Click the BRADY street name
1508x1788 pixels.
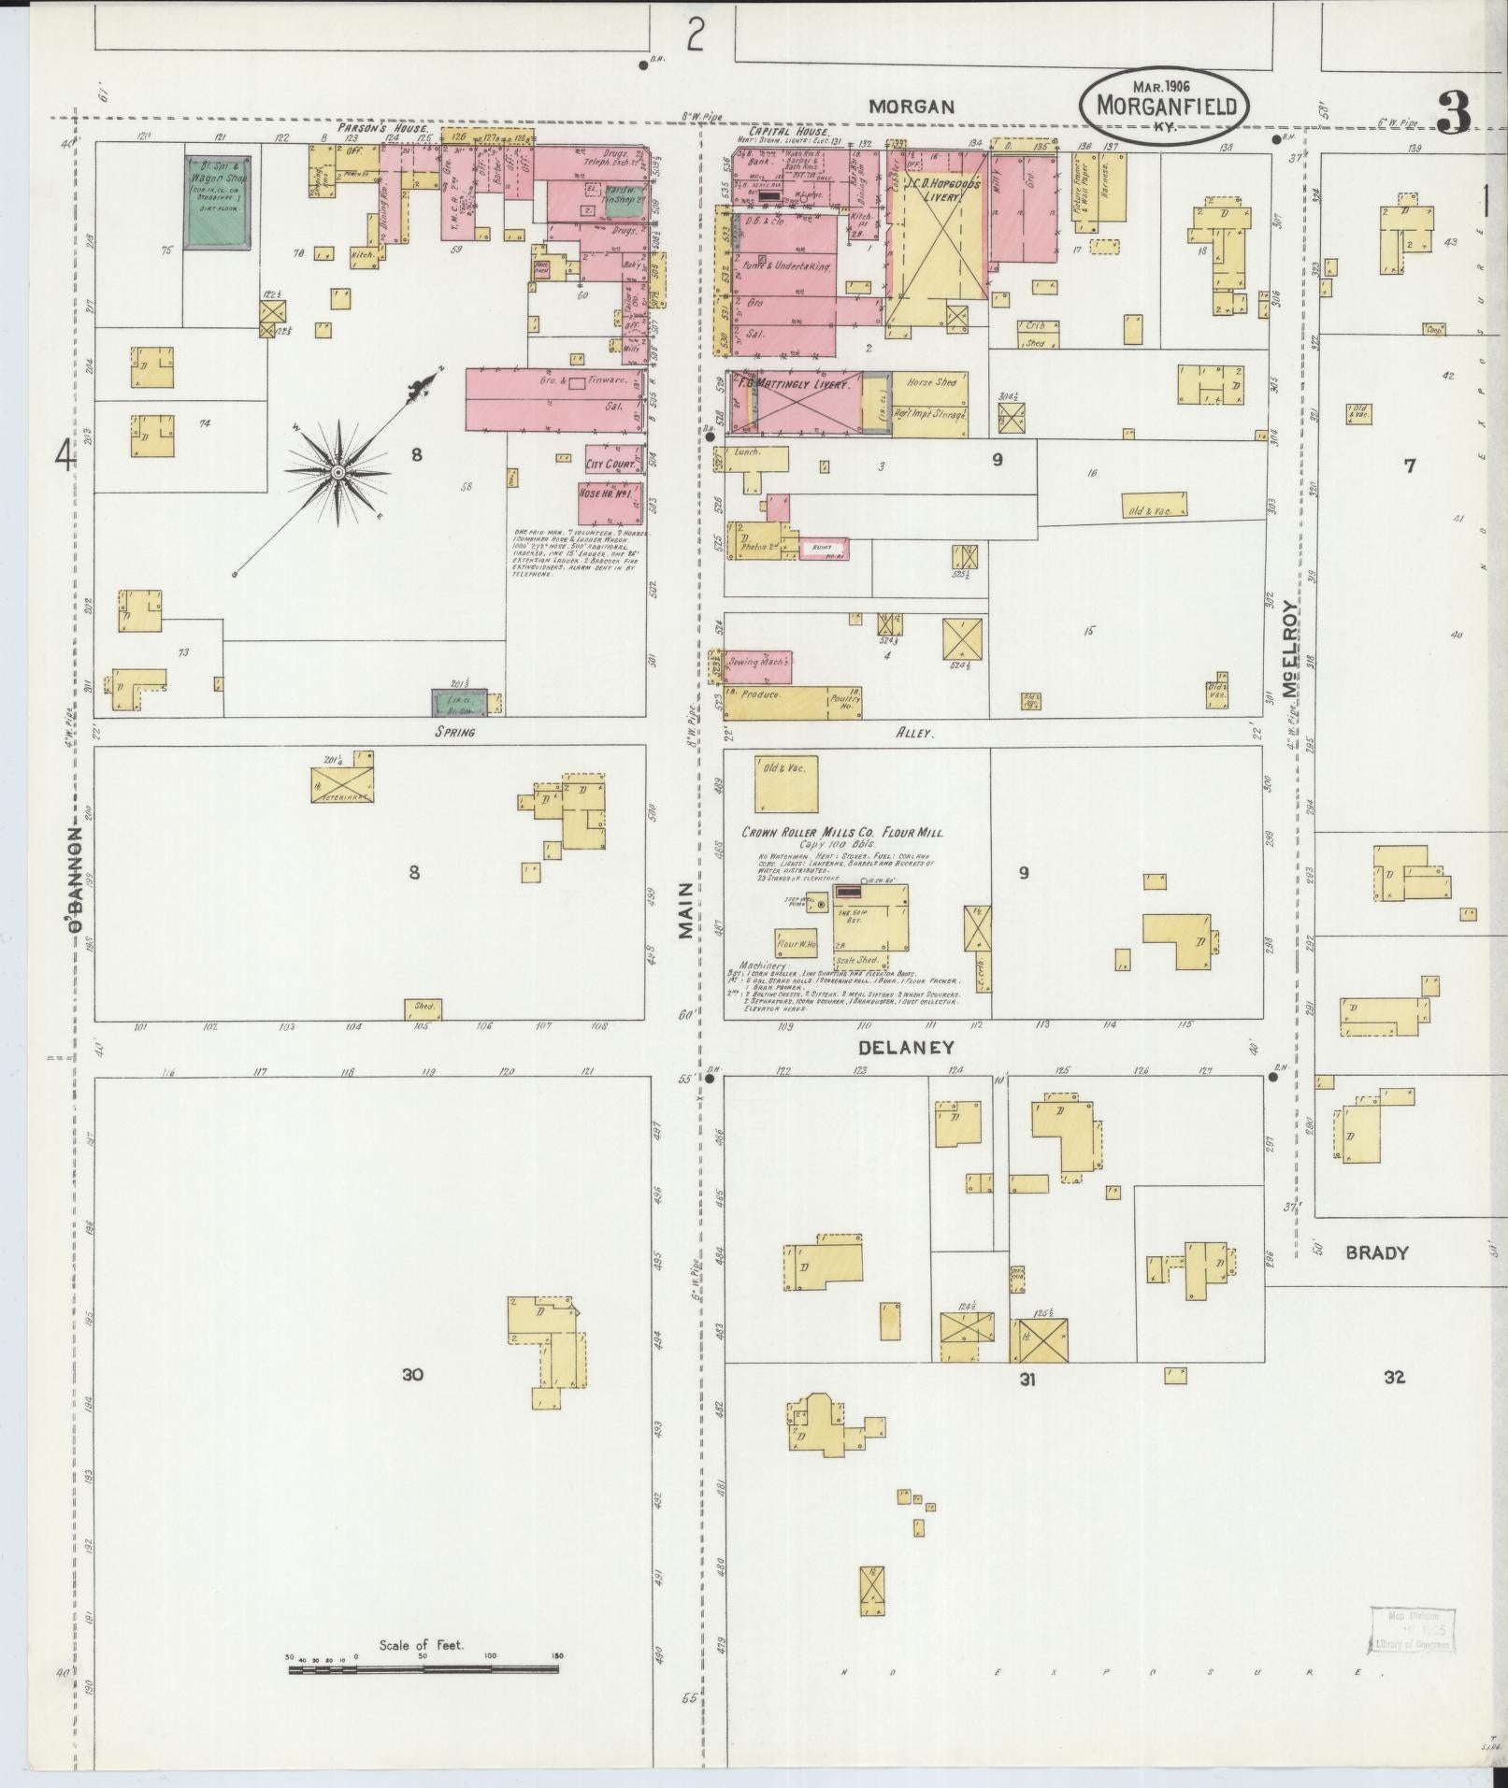pyautogui.click(x=1376, y=1252)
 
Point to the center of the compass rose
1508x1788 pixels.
pyautogui.click(x=337, y=473)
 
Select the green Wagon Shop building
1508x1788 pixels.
pyautogui.click(x=217, y=203)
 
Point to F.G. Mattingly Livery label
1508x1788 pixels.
pyautogui.click(x=805, y=385)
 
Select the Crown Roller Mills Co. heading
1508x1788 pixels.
pyautogui.click(x=841, y=833)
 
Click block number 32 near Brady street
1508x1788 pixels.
pyautogui.click(x=1394, y=1377)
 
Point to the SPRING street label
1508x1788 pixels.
pyautogui.click(x=454, y=732)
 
